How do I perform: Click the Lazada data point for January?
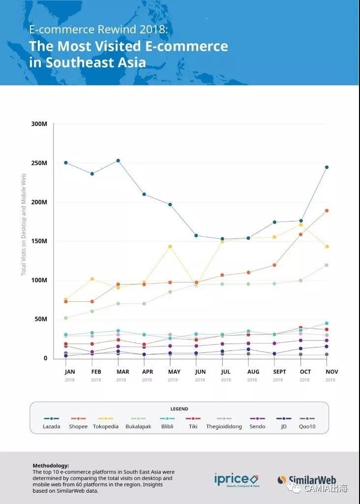coord(65,162)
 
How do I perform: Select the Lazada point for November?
coord(327,167)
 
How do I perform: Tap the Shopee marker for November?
coord(327,211)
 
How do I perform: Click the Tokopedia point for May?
coord(170,246)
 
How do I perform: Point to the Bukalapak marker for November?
coord(327,265)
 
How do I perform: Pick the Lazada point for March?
coord(118,160)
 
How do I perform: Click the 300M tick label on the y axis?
coord(39,124)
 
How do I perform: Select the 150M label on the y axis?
coord(39,241)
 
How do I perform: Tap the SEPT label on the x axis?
coord(280,372)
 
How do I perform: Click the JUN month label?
coord(200,372)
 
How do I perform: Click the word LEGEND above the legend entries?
coord(180,409)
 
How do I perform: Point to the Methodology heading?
coord(51,465)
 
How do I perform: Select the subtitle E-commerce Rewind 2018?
coord(98,30)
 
